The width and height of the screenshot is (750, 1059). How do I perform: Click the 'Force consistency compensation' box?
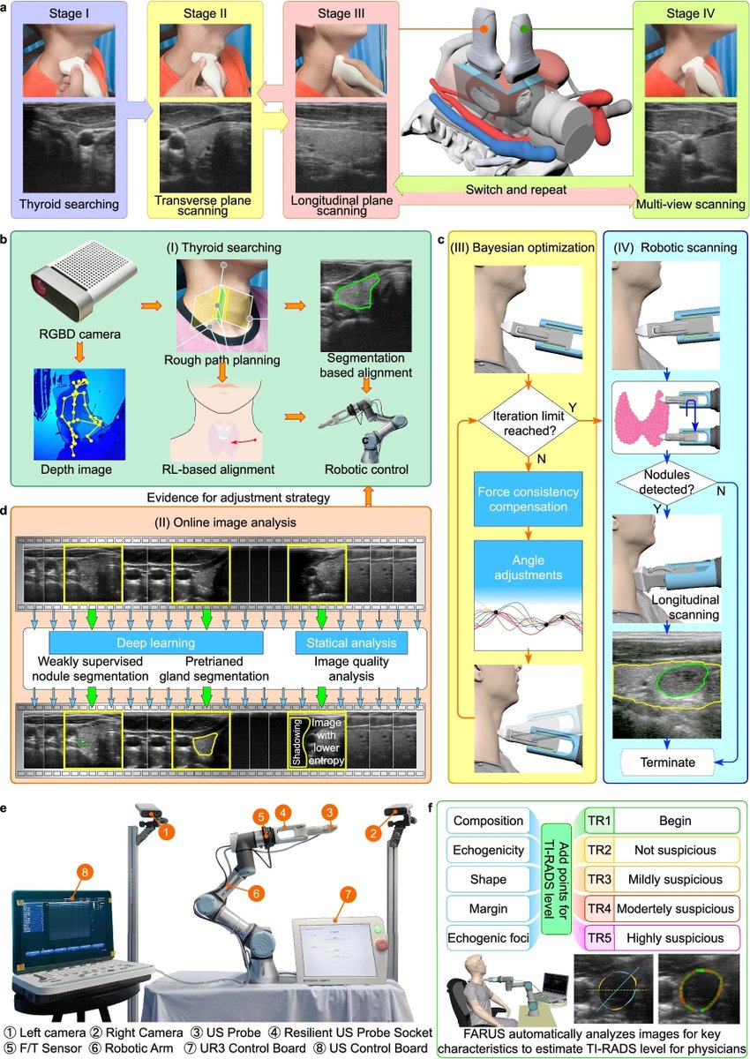(528, 497)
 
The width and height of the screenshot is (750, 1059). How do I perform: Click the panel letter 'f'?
(430, 807)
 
